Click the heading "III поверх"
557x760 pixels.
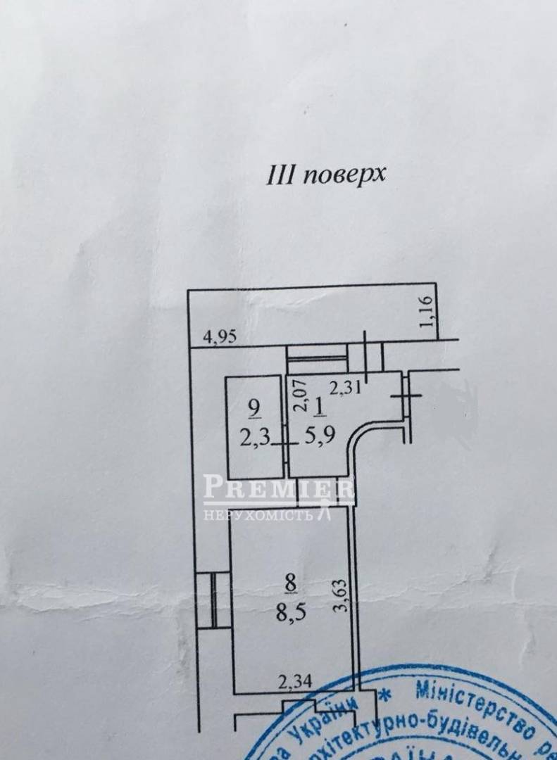tap(325, 174)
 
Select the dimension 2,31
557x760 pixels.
tap(344, 386)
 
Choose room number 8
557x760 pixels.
tap(291, 582)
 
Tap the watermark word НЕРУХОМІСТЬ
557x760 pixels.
tap(258, 516)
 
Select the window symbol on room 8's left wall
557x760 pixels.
tap(213, 600)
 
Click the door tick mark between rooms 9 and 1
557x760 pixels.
tap(284, 444)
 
